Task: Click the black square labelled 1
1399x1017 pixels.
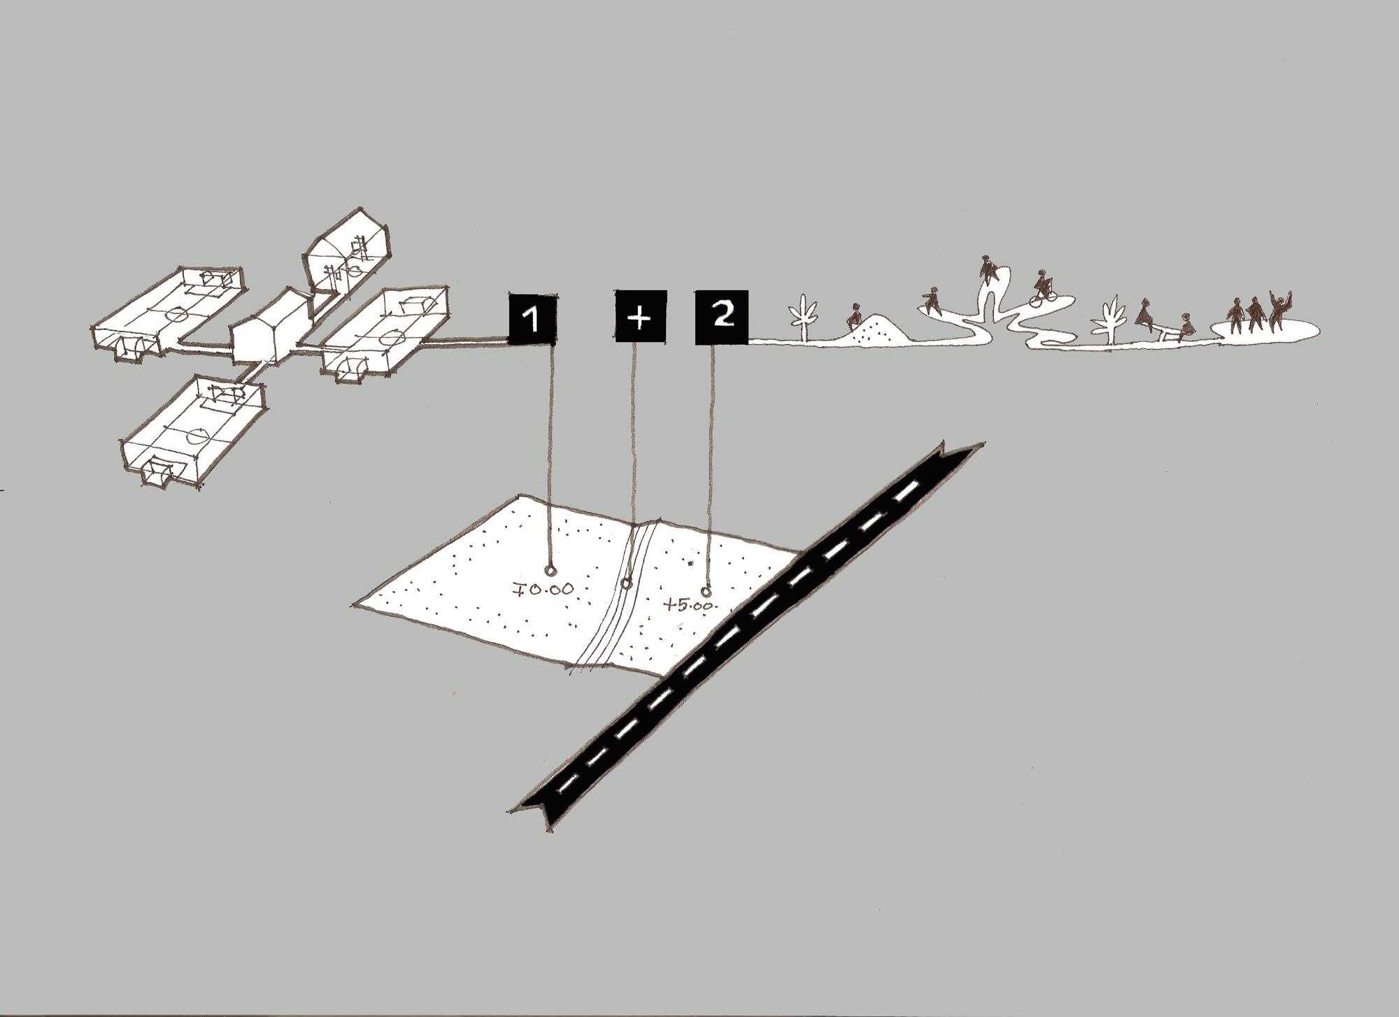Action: click(x=532, y=320)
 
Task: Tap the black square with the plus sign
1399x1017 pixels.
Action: click(x=640, y=317)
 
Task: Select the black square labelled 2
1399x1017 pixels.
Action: click(x=721, y=317)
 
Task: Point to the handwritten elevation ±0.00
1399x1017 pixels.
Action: click(x=543, y=589)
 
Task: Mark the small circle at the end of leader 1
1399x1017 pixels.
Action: click(x=551, y=569)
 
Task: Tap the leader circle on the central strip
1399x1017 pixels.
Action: click(x=627, y=583)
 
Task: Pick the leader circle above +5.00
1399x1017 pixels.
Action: click(x=706, y=592)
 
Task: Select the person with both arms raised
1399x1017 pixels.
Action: click(x=1279, y=312)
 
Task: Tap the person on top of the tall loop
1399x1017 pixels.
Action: click(x=988, y=269)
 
